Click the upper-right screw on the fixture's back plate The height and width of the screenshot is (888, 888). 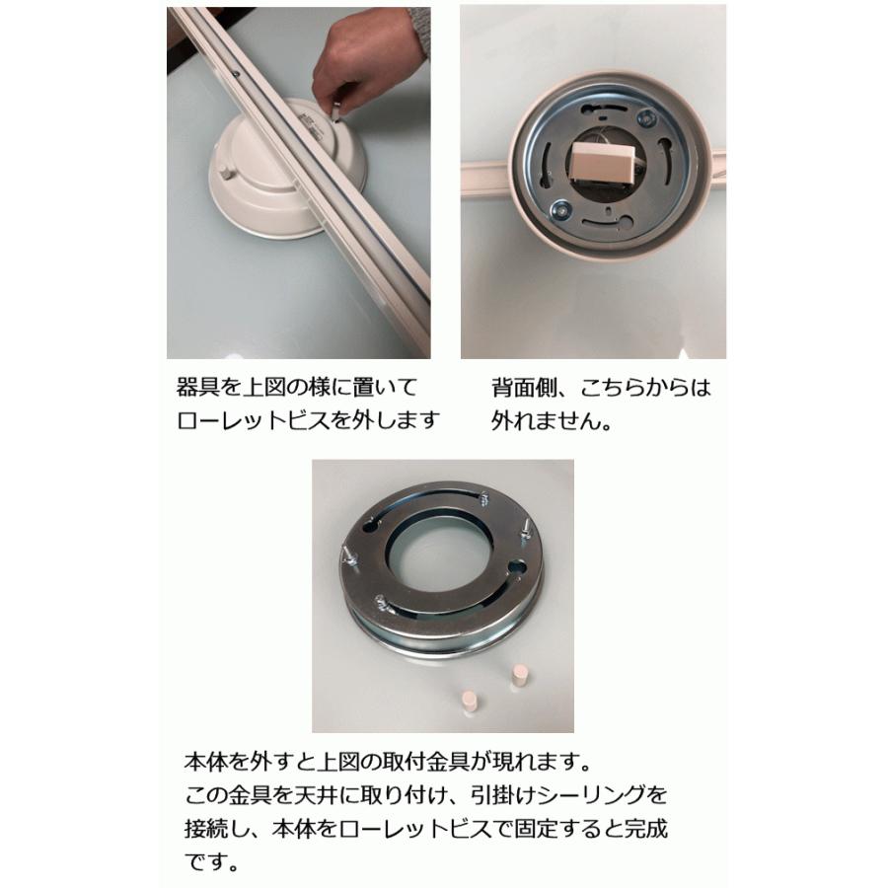(x=647, y=118)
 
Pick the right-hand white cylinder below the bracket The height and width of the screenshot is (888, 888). (x=519, y=678)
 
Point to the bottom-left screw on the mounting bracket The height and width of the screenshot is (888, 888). (x=381, y=598)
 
